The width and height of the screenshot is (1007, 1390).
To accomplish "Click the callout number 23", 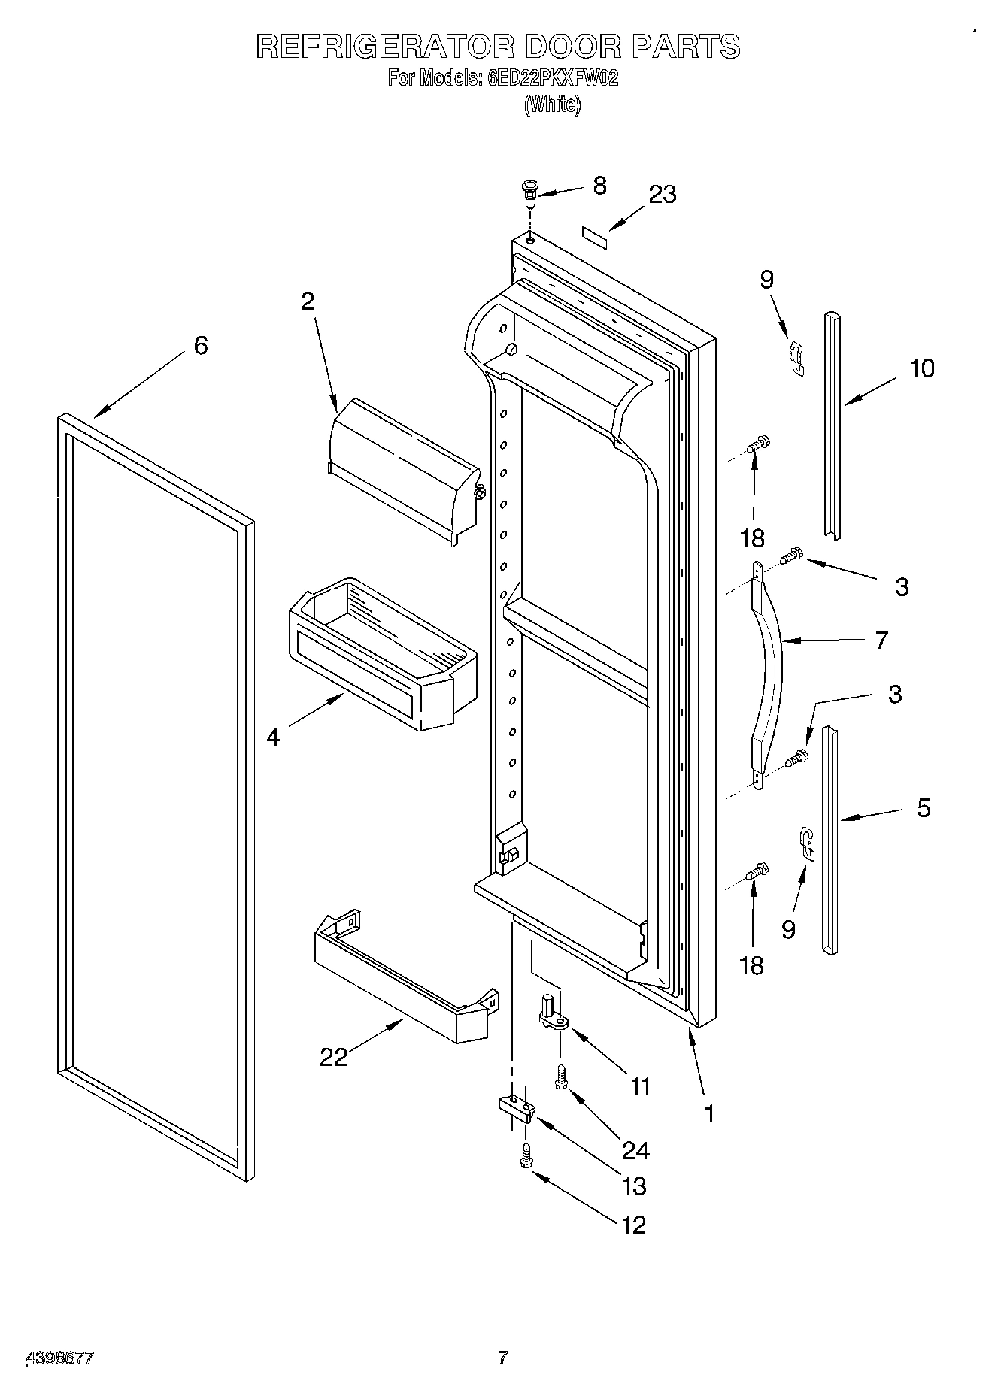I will coord(663,194).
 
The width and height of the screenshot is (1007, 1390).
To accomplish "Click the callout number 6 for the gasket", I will coord(200,346).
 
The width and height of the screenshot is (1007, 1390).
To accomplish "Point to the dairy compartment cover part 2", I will coord(403,466).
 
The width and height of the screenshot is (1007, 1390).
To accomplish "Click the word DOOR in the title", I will coord(573,47).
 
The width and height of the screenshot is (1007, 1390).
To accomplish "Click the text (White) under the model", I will coord(553,104).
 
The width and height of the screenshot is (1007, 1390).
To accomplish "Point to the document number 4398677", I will coord(60,1358).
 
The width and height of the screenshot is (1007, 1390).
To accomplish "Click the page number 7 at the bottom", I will coord(503,1357).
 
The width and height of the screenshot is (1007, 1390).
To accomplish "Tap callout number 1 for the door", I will coord(708,1113).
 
